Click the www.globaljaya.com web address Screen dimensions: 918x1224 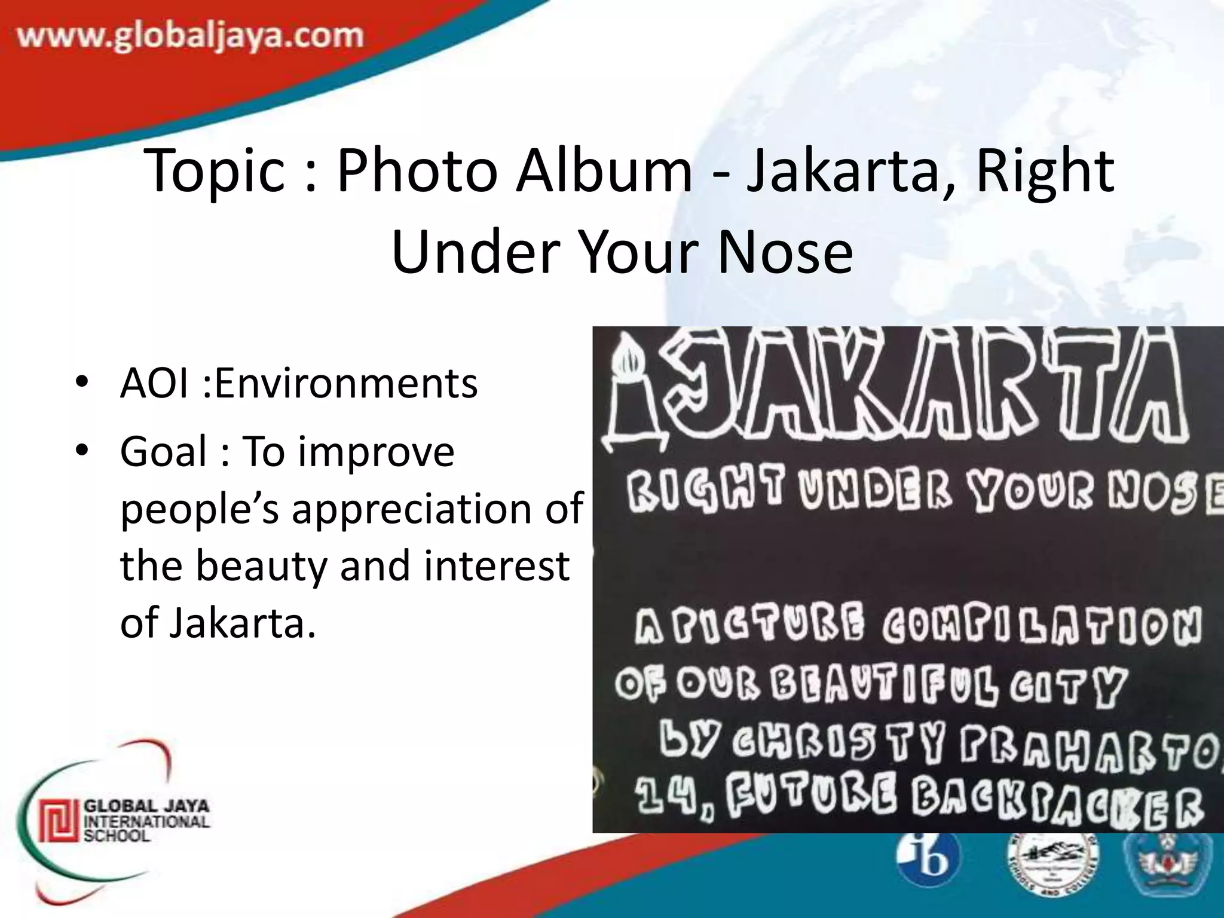(x=190, y=38)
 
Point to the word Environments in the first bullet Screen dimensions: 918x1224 (x=346, y=383)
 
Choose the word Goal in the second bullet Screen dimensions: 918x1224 (x=163, y=451)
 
